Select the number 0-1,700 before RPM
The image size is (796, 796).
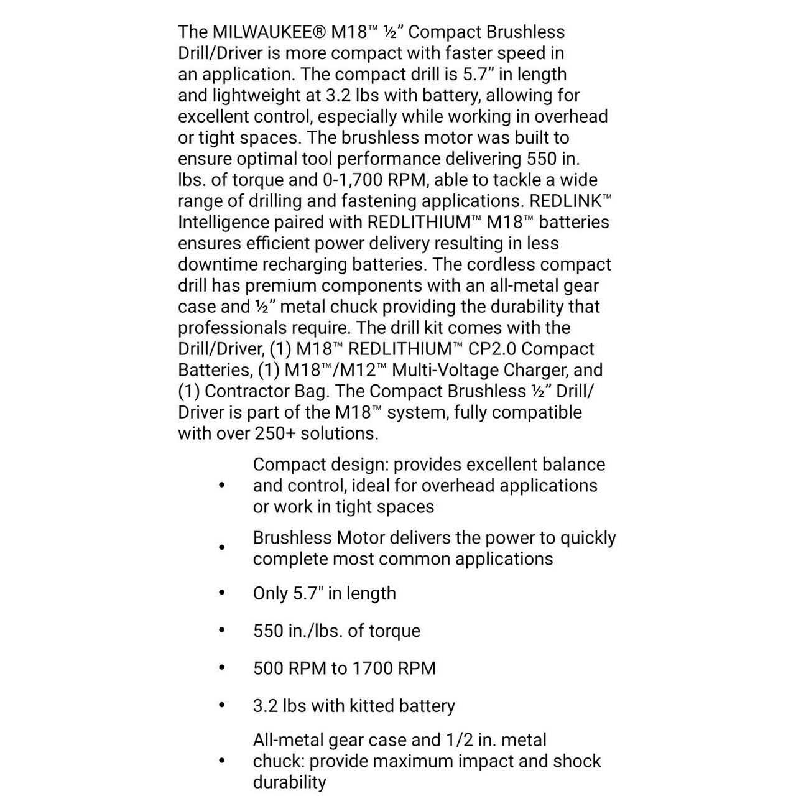[x=353, y=180]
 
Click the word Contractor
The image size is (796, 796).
[x=247, y=392]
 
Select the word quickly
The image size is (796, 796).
[x=588, y=539]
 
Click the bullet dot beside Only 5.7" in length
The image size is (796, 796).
[x=222, y=593]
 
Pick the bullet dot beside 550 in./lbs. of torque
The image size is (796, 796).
[x=222, y=631]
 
